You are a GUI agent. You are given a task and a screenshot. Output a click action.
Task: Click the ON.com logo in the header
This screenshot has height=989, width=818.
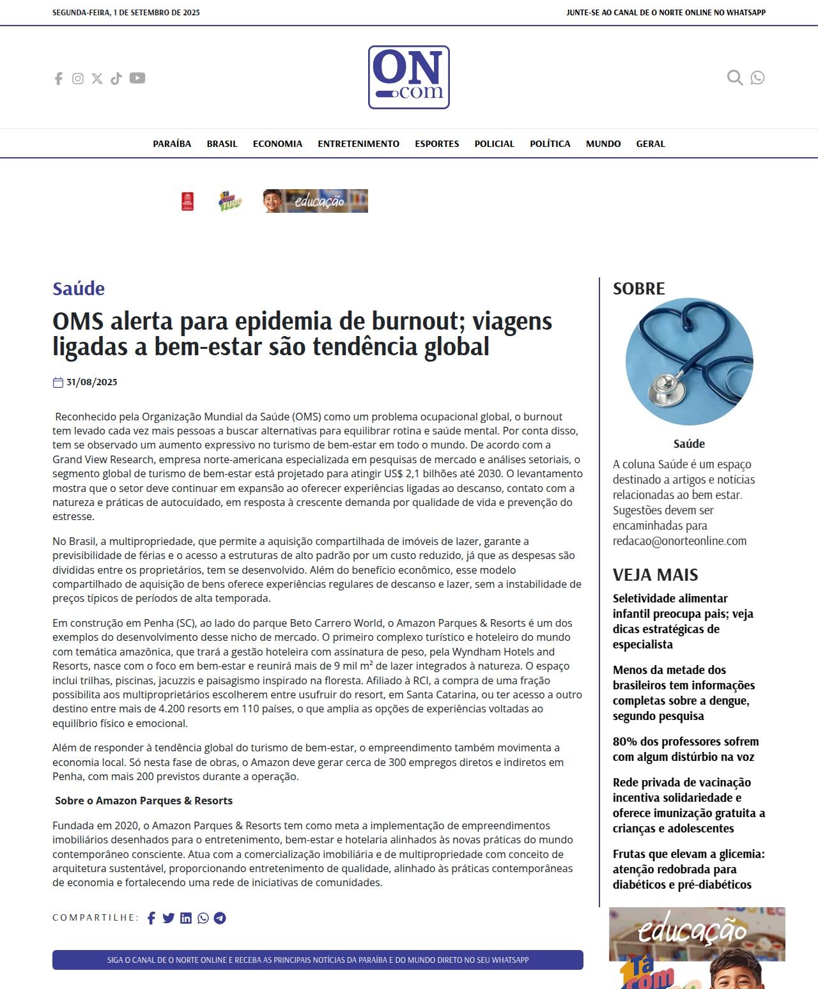408,77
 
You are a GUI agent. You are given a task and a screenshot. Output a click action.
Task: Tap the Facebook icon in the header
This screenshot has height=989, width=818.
59,79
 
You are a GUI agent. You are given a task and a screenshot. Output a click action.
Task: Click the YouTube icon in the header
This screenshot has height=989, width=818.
137,78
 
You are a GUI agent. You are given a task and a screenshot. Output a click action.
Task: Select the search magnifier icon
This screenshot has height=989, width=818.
735,78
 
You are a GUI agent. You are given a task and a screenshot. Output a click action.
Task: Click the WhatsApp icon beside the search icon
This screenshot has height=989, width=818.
757,78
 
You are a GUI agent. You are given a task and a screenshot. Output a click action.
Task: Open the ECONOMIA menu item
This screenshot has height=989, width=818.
277,144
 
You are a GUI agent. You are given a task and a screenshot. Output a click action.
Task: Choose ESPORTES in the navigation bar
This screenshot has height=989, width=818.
436,144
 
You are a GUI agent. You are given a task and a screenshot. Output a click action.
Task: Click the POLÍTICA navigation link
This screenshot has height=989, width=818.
550,144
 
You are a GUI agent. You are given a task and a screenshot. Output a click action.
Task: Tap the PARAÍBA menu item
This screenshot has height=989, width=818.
172,144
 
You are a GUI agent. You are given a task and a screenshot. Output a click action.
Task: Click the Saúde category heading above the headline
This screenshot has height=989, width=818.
79,289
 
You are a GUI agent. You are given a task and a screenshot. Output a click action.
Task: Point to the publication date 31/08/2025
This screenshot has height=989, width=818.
91,382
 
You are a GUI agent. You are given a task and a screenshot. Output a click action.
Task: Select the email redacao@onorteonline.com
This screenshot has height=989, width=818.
679,541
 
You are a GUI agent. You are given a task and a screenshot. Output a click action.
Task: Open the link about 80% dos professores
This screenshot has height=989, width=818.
686,749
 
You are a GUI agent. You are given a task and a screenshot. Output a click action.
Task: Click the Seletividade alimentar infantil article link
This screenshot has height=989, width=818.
683,621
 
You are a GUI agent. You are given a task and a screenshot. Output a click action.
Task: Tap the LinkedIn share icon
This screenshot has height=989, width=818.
186,918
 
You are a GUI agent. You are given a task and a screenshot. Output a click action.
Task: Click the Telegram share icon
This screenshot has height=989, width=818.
220,918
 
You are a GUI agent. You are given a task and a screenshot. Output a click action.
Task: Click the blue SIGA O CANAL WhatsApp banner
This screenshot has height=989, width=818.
318,960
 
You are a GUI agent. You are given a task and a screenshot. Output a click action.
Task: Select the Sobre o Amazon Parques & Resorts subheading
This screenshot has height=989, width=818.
144,801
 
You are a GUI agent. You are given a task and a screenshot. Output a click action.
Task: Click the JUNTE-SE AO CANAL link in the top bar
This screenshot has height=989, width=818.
665,12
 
